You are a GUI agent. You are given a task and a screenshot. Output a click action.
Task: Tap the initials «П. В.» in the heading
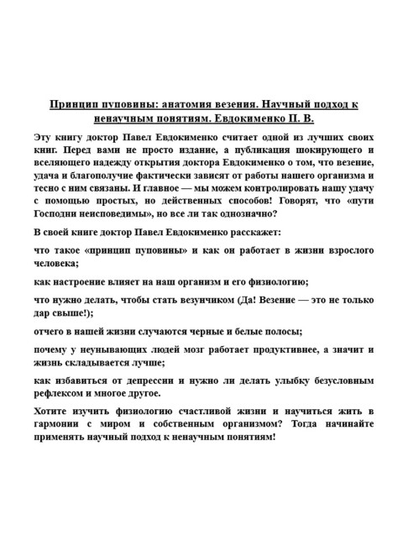(301, 118)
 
